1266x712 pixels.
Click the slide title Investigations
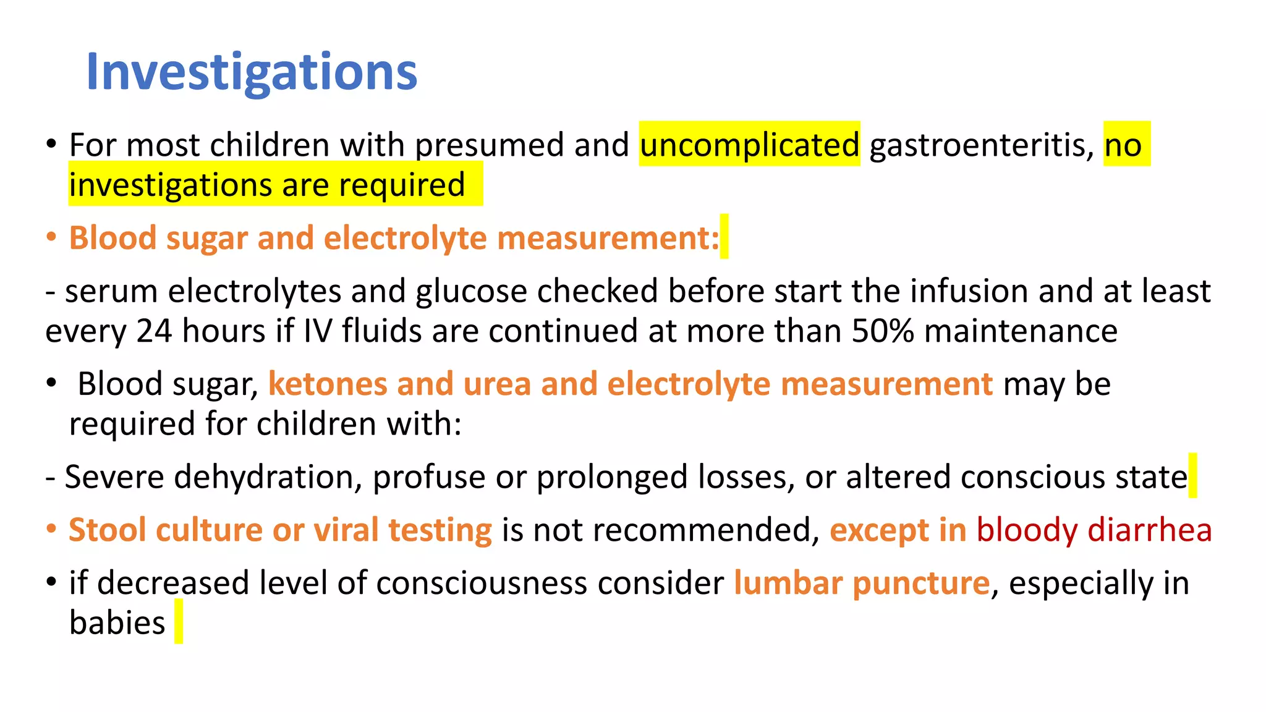point(252,72)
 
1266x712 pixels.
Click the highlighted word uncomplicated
point(749,145)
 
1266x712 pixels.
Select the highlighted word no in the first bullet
point(1123,145)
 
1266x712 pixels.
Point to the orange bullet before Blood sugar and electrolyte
point(52,238)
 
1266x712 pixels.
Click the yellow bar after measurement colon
point(724,237)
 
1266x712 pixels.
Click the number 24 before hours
point(153,331)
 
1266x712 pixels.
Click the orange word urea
point(497,384)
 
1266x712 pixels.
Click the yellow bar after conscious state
point(1192,475)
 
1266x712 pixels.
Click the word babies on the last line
point(117,623)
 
